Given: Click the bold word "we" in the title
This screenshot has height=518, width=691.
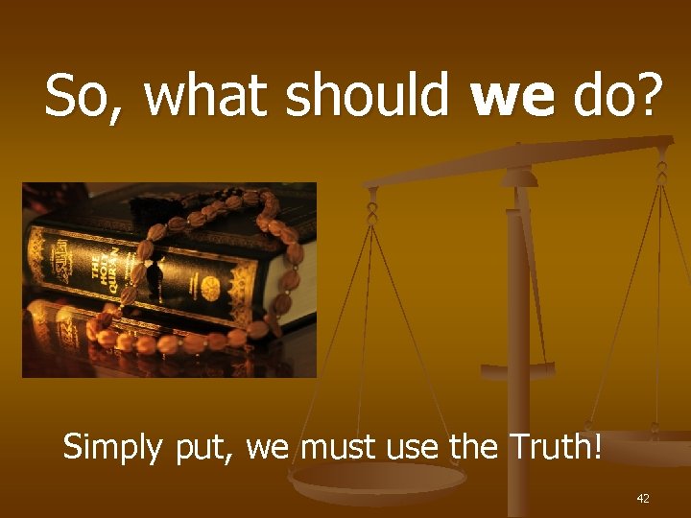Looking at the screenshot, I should click(515, 98).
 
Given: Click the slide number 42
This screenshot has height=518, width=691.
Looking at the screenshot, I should click(643, 498).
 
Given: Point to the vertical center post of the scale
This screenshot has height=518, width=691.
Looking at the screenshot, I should click(518, 317).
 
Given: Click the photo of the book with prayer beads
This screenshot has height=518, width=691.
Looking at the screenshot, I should click(169, 279).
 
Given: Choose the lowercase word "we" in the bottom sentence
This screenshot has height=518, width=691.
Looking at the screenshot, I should click(271, 448).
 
